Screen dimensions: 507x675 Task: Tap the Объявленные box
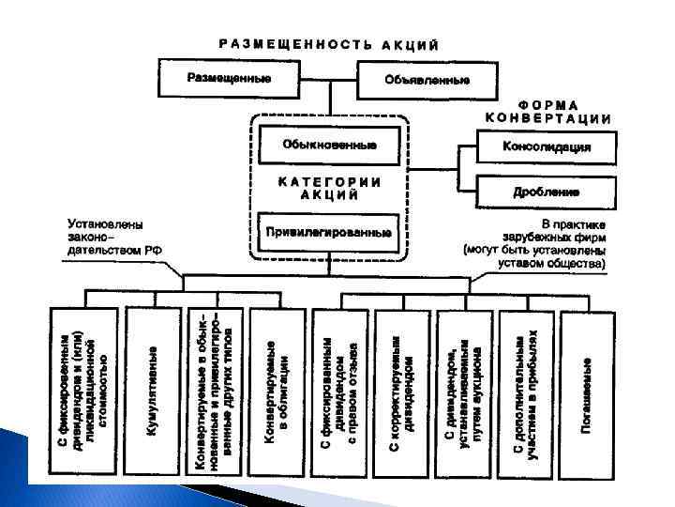click(427, 80)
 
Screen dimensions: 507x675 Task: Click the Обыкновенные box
click(329, 146)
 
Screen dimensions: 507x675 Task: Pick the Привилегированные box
click(329, 231)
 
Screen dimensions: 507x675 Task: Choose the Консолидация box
click(547, 147)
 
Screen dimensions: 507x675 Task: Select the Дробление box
click(547, 192)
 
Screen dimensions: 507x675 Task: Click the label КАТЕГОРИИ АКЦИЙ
click(329, 188)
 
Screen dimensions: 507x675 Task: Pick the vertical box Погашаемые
click(585, 393)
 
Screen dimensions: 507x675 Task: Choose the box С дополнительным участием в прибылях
click(525, 393)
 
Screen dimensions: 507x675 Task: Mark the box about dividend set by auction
click(463, 393)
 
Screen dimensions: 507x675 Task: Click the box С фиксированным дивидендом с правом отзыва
click(340, 393)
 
